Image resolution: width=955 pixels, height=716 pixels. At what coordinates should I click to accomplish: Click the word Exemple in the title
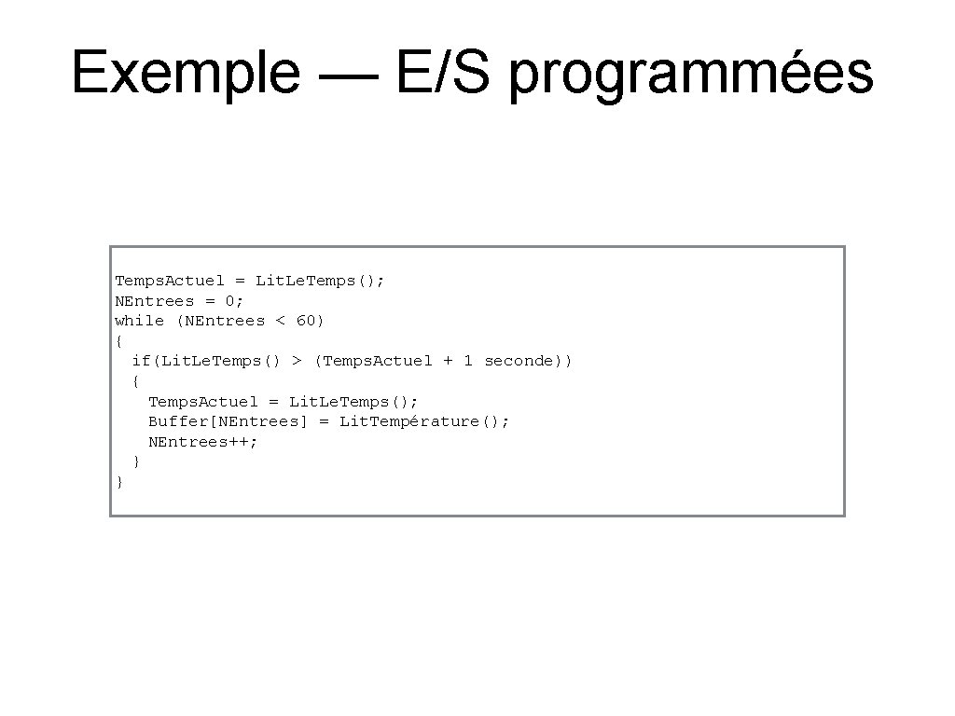pyautogui.click(x=185, y=73)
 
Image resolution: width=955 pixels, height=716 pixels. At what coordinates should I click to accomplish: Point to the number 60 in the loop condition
pyautogui.click(x=306, y=321)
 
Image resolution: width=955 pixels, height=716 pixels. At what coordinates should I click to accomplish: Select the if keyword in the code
pyautogui.click(x=140, y=361)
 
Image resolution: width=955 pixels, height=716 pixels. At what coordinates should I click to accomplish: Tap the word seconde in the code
pyautogui.click(x=519, y=361)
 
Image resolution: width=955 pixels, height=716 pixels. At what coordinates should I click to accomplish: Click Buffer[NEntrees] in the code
pyautogui.click(x=227, y=421)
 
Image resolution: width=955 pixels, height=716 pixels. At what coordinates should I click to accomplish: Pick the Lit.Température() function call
pyautogui.click(x=423, y=421)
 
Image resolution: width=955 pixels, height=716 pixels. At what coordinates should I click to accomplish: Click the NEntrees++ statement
pyautogui.click(x=201, y=442)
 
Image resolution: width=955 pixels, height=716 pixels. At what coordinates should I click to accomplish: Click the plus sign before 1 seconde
pyautogui.click(x=448, y=361)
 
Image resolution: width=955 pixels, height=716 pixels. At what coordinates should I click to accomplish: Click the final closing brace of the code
pyautogui.click(x=119, y=482)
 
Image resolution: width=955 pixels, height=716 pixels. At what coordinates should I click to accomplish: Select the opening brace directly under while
pyautogui.click(x=119, y=341)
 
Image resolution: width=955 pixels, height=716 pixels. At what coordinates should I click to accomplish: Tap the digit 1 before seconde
pyautogui.click(x=468, y=361)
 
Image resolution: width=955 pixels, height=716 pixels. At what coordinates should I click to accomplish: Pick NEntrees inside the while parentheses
pyautogui.click(x=223, y=321)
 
